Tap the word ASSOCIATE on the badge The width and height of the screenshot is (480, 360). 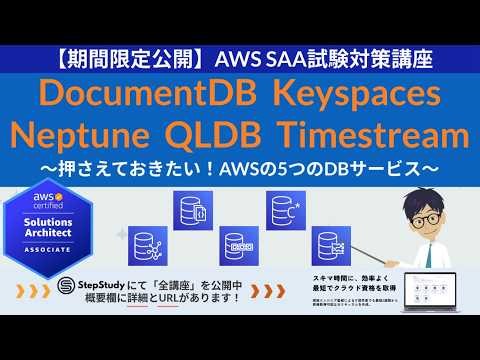point(52,251)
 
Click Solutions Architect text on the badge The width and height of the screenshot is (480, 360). point(52,227)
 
